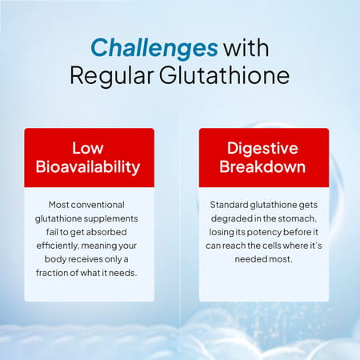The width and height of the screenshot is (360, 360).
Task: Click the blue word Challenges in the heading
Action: (x=154, y=47)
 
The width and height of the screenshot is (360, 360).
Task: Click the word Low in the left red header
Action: (x=88, y=148)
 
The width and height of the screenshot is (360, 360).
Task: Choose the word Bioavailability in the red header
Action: (x=88, y=167)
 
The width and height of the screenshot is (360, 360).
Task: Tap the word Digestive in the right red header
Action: (x=263, y=148)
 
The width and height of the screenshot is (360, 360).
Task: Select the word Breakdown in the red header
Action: (x=263, y=167)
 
